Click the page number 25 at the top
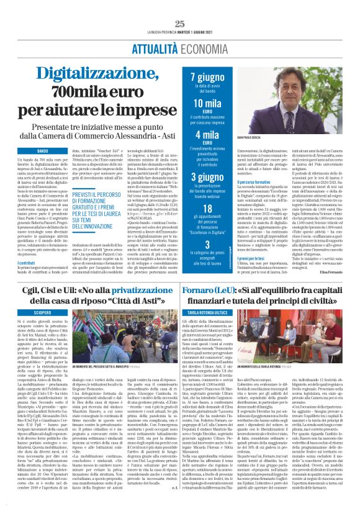180,24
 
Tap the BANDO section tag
42,151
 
